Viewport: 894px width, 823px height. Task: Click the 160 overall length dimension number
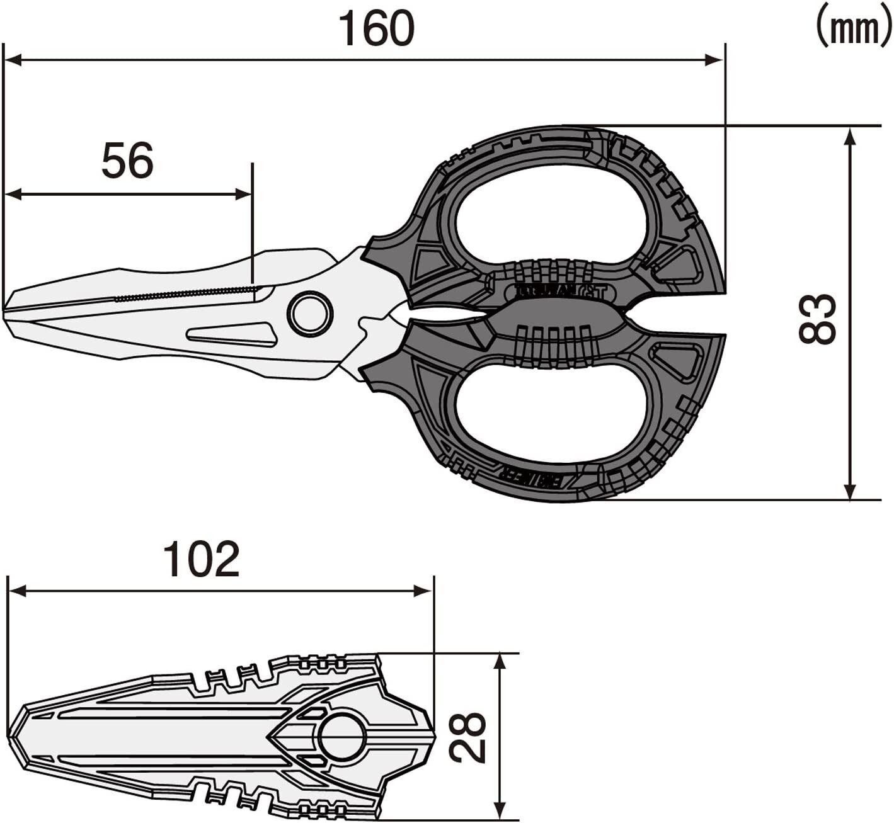point(376,28)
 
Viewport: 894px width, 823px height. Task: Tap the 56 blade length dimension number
point(127,161)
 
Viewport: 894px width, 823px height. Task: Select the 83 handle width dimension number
point(817,319)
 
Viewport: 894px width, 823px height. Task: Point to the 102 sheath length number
point(201,559)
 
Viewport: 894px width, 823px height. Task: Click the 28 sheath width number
point(469,737)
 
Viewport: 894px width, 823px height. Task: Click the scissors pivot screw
point(310,314)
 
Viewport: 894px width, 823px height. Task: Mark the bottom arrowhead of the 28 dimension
point(500,812)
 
